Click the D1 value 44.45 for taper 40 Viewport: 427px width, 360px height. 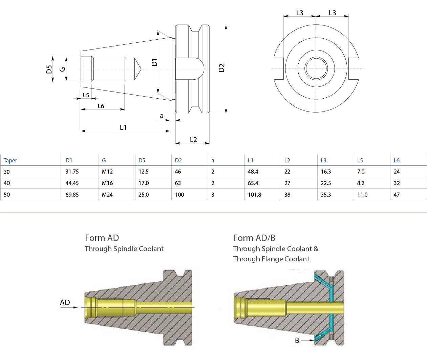point(72,183)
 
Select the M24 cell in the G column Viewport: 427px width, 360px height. point(107,195)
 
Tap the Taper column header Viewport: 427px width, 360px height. point(10,160)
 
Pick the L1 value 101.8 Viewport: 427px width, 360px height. point(254,195)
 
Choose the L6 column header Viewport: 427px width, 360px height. point(397,160)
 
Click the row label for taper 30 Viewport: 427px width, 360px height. point(7,172)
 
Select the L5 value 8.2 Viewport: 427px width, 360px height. point(361,183)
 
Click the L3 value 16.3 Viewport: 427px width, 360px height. point(326,172)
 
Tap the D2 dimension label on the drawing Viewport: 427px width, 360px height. point(222,68)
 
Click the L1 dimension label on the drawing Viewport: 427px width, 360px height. point(123,127)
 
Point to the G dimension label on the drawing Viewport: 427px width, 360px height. point(62,69)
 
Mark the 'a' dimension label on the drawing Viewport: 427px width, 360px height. point(162,116)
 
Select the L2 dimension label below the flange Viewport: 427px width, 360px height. point(193,140)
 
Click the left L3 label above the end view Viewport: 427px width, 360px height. point(300,13)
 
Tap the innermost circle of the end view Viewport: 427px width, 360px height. point(316,68)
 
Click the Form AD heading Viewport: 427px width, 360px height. point(102,238)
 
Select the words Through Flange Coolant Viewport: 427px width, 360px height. point(271,259)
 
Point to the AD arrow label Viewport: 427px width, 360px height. point(65,302)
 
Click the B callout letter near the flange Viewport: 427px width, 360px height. point(297,340)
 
